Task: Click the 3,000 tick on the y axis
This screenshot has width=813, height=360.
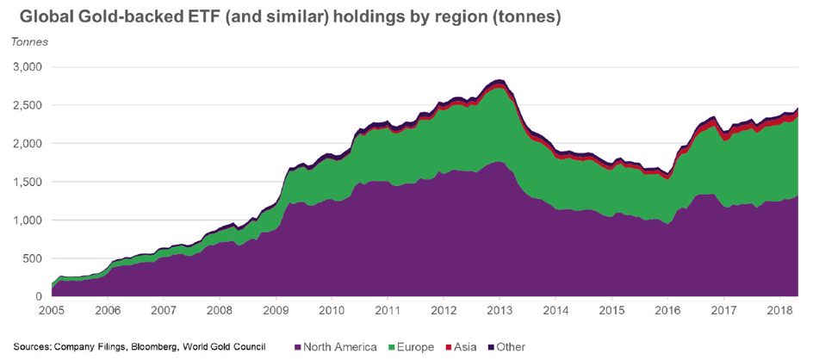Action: click(x=28, y=67)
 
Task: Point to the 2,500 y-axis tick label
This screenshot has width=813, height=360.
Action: click(x=28, y=105)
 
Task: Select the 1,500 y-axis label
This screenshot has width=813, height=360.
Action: click(x=28, y=182)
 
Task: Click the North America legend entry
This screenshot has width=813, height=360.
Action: click(x=339, y=347)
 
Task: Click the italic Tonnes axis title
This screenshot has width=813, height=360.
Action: click(x=30, y=41)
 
